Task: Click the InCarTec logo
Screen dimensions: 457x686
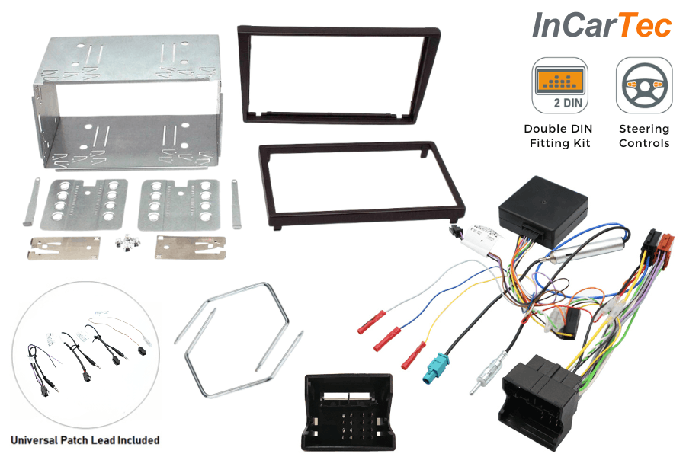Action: tap(601, 25)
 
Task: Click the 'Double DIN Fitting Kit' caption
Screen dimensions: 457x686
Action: tap(558, 136)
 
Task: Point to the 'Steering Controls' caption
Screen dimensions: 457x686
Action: tap(644, 136)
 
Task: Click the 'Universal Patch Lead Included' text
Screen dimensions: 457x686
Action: tap(85, 439)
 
